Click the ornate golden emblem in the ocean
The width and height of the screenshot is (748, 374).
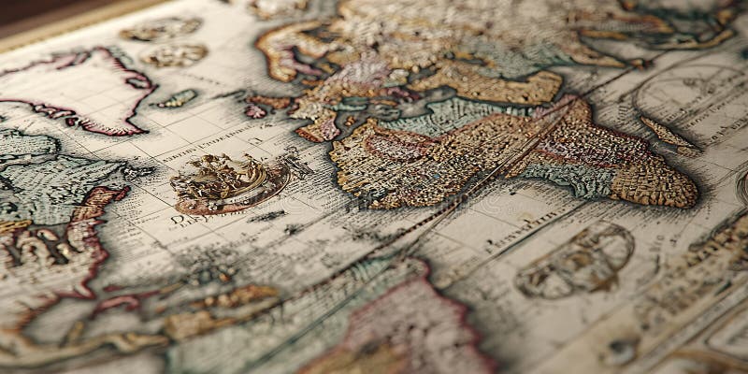point(229,180)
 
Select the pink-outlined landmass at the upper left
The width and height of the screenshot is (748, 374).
point(89,89)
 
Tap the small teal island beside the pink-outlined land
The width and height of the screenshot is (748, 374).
point(178,97)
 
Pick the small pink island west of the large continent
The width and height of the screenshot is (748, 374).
point(254,110)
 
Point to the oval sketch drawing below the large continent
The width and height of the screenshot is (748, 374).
point(575,260)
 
